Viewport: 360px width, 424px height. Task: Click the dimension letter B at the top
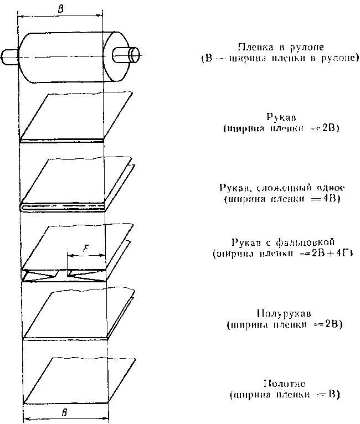pyautogui.click(x=60, y=8)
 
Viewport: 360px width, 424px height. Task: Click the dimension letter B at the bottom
pyautogui.click(x=65, y=412)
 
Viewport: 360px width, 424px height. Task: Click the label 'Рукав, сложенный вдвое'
pyautogui.click(x=279, y=187)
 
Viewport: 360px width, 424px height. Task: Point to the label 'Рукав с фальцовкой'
pyautogui.click(x=279, y=242)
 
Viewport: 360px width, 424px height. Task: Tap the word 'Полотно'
pyautogui.click(x=285, y=384)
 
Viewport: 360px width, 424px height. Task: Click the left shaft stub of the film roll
pyautogui.click(x=10, y=55)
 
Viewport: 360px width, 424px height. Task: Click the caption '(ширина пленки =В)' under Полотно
pyautogui.click(x=284, y=395)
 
